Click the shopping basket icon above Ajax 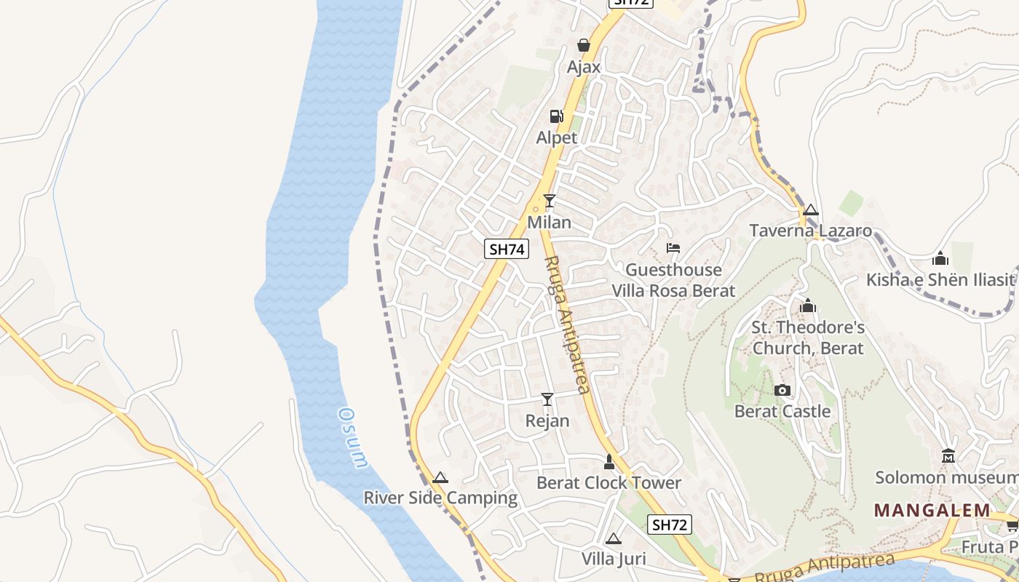(583, 45)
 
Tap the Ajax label (584, 67)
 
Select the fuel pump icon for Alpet (556, 116)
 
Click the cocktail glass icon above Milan (550, 200)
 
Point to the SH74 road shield (506, 249)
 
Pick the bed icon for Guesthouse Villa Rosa (673, 248)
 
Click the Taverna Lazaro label (811, 231)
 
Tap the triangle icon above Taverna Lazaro (811, 210)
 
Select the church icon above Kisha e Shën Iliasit (940, 258)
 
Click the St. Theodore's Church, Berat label (808, 338)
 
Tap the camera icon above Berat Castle (782, 390)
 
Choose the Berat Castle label (782, 412)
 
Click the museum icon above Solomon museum (948, 456)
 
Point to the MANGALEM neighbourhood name (932, 510)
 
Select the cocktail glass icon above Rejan (547, 399)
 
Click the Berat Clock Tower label (609, 482)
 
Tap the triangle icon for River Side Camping (440, 478)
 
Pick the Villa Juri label (614, 559)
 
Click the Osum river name (354, 436)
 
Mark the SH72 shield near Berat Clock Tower (670, 525)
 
